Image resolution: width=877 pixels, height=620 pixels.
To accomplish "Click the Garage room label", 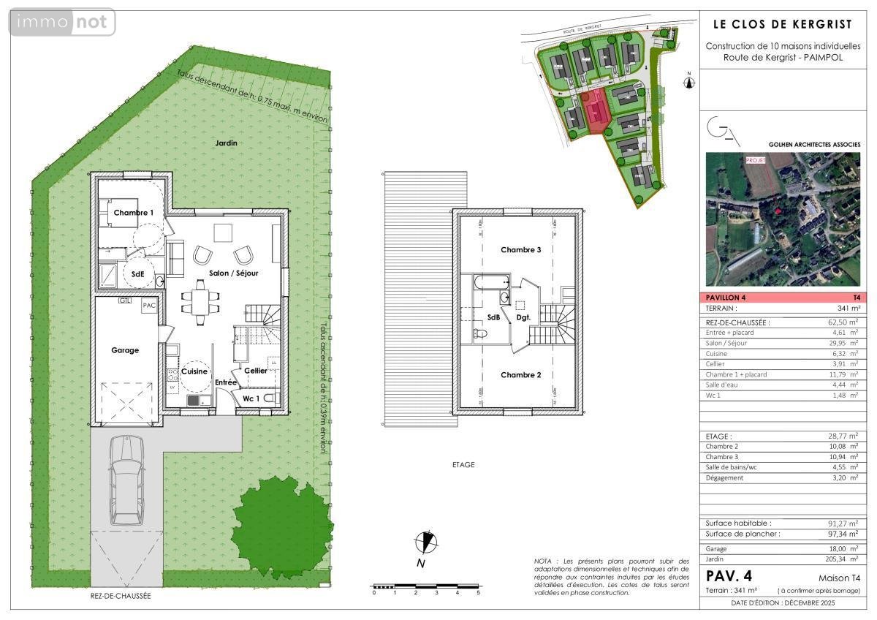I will click(x=125, y=350).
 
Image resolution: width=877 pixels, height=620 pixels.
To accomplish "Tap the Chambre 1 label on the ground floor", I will click(x=133, y=213).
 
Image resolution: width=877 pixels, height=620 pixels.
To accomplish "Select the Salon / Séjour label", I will click(x=234, y=273).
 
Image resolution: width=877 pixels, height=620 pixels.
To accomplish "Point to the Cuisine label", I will click(x=194, y=371).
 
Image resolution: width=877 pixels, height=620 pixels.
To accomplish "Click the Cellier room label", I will click(x=255, y=371).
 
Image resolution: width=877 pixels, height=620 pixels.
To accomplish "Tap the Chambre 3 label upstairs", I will click(x=520, y=250).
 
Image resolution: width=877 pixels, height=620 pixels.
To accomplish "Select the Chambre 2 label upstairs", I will click(x=520, y=375).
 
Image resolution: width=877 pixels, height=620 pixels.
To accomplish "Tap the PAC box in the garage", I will click(x=149, y=306).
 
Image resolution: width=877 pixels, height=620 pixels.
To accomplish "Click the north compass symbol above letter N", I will click(x=424, y=542).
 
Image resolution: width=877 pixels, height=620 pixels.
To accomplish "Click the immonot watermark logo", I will click(x=62, y=23).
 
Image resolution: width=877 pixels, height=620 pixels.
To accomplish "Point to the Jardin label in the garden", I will click(x=226, y=143).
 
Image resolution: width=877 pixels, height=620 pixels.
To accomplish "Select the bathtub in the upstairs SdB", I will click(x=491, y=281).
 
